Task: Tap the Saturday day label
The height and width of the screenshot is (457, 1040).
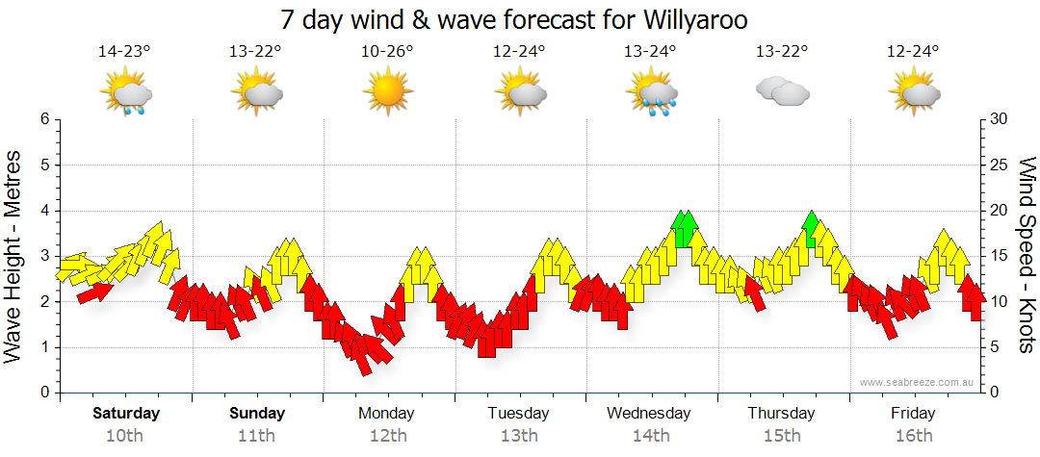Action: click(x=126, y=414)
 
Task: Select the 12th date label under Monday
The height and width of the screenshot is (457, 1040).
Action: click(x=387, y=435)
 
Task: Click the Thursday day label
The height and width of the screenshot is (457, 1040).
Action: click(x=781, y=414)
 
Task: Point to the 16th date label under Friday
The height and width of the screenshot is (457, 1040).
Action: click(x=913, y=435)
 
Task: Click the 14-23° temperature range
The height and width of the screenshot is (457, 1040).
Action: click(x=124, y=52)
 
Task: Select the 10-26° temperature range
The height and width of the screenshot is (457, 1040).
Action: click(x=387, y=52)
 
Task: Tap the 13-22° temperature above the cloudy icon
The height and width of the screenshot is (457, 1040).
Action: click(x=781, y=52)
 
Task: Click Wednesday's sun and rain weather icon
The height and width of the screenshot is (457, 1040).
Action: click(x=651, y=94)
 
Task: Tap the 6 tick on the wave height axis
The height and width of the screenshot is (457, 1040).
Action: click(x=44, y=119)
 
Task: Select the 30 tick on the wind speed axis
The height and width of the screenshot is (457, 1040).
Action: click(x=1001, y=119)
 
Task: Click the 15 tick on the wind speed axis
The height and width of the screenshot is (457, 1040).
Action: click(x=1001, y=256)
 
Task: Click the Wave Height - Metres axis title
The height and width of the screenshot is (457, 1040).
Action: click(x=14, y=256)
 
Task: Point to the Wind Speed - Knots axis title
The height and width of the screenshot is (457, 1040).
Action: click(x=1027, y=256)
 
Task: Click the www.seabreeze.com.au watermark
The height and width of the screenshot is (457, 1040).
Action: click(x=918, y=382)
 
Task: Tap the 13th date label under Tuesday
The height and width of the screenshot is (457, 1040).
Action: click(x=519, y=435)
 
